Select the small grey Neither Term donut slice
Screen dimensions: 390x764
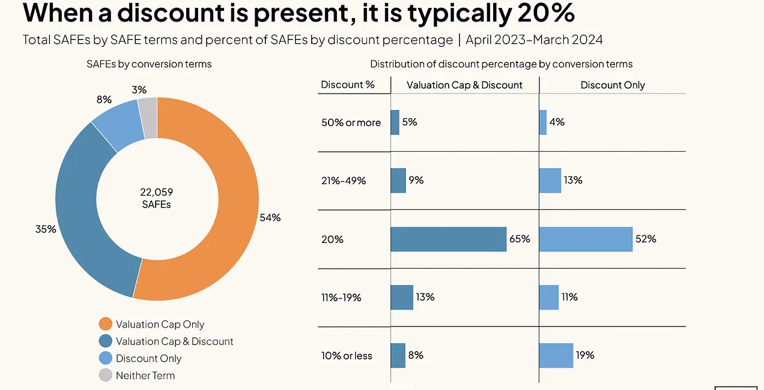148,109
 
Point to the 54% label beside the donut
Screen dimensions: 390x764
270,217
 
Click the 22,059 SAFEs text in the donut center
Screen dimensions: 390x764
157,198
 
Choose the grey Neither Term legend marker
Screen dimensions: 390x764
105,376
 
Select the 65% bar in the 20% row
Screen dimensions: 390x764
448,239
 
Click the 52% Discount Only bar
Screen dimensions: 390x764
586,239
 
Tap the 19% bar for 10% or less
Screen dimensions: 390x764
556,355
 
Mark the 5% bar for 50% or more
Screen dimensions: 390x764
395,122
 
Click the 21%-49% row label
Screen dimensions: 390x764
344,180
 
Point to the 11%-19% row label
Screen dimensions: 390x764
341,297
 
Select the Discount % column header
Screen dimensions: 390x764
348,85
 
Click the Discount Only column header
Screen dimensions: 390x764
613,85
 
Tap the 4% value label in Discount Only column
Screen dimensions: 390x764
557,122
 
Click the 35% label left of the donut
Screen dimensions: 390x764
46,229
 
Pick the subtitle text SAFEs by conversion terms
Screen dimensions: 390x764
149,64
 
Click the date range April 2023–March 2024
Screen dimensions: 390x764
534,40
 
